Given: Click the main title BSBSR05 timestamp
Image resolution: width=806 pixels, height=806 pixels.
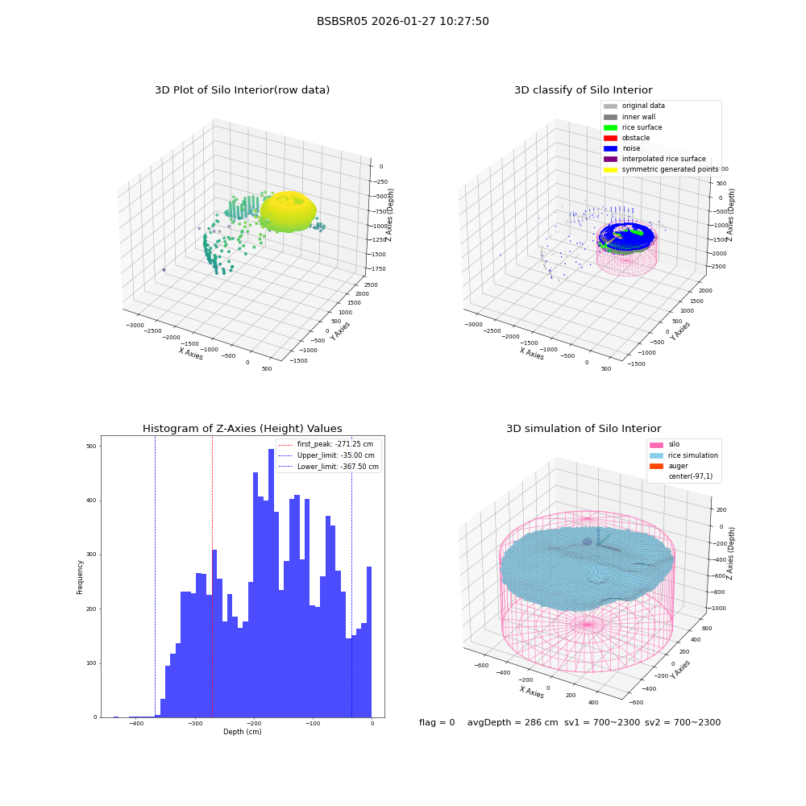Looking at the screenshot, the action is click(x=402, y=21).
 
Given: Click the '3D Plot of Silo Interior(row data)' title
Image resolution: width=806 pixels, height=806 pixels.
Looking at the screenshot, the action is click(x=242, y=90).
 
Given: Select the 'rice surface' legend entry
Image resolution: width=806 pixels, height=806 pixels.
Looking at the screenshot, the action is click(x=633, y=127).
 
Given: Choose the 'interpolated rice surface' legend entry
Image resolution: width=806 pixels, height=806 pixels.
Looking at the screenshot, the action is click(x=654, y=159).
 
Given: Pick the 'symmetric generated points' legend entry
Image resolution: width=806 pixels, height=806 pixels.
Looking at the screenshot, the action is click(x=661, y=169).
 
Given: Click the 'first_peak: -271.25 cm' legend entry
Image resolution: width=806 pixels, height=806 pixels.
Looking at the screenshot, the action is click(x=326, y=444).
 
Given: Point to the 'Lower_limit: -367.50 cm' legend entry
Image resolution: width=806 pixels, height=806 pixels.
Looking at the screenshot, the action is click(x=329, y=467).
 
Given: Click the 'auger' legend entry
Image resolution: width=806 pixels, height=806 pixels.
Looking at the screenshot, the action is click(x=669, y=466).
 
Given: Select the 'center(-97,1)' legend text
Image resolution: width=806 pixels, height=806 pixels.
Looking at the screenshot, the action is click(x=691, y=476).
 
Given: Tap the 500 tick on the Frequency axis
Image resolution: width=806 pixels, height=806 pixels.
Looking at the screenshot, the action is click(x=92, y=447).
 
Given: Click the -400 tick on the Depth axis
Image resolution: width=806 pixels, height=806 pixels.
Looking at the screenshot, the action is click(x=136, y=723).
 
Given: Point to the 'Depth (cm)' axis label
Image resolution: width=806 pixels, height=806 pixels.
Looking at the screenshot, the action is click(x=242, y=732).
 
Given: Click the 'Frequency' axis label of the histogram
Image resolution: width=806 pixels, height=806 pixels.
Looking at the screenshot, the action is click(x=80, y=577).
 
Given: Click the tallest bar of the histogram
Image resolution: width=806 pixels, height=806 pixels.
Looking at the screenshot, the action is click(x=271, y=583).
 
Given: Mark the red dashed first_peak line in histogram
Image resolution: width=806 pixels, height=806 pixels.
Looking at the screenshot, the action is click(x=212, y=577).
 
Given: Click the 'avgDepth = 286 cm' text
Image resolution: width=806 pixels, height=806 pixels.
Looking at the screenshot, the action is click(x=513, y=722).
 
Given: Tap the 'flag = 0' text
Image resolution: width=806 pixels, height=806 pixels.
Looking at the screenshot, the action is click(x=437, y=722).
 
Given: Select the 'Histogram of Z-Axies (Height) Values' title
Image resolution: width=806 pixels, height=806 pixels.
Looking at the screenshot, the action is click(x=242, y=429).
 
